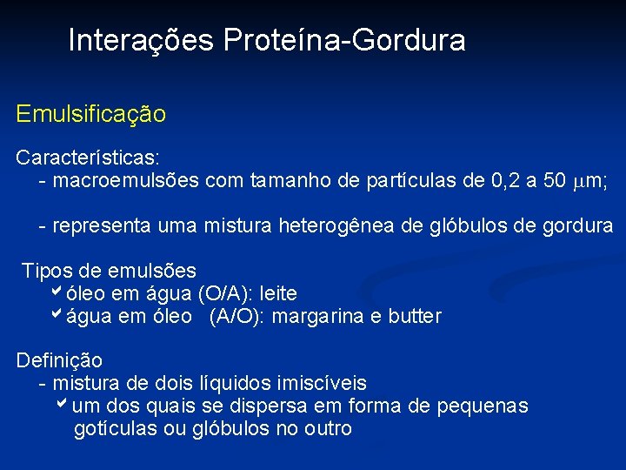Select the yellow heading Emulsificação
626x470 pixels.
91,114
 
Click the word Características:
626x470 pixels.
88,158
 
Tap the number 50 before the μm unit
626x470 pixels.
554,180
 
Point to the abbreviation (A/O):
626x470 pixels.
236,317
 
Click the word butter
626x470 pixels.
412,317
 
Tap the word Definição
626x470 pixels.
59,360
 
